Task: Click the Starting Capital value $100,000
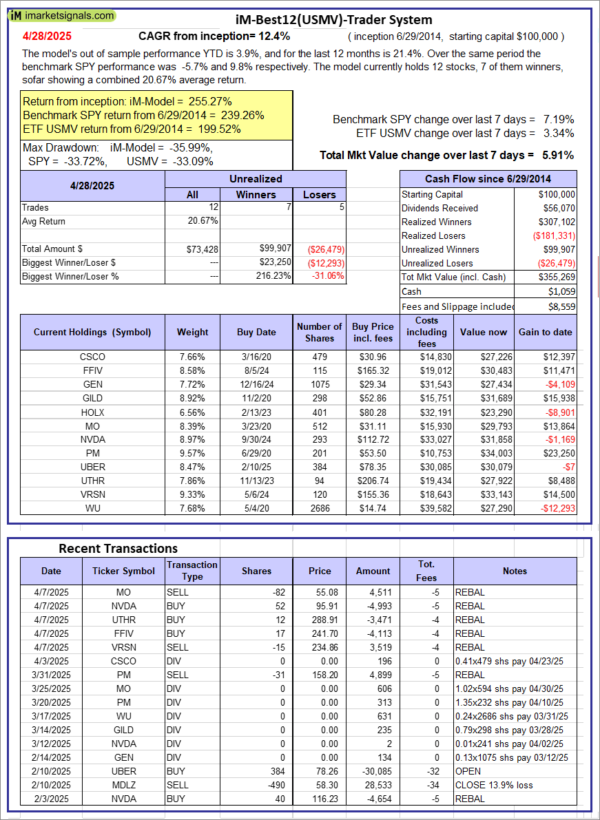[557, 194]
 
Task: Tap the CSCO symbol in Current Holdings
[92, 357]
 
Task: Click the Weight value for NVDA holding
[192, 440]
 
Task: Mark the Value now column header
[484, 332]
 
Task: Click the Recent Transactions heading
[118, 548]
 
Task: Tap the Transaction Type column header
[192, 571]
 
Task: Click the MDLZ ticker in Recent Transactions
[124, 785]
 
